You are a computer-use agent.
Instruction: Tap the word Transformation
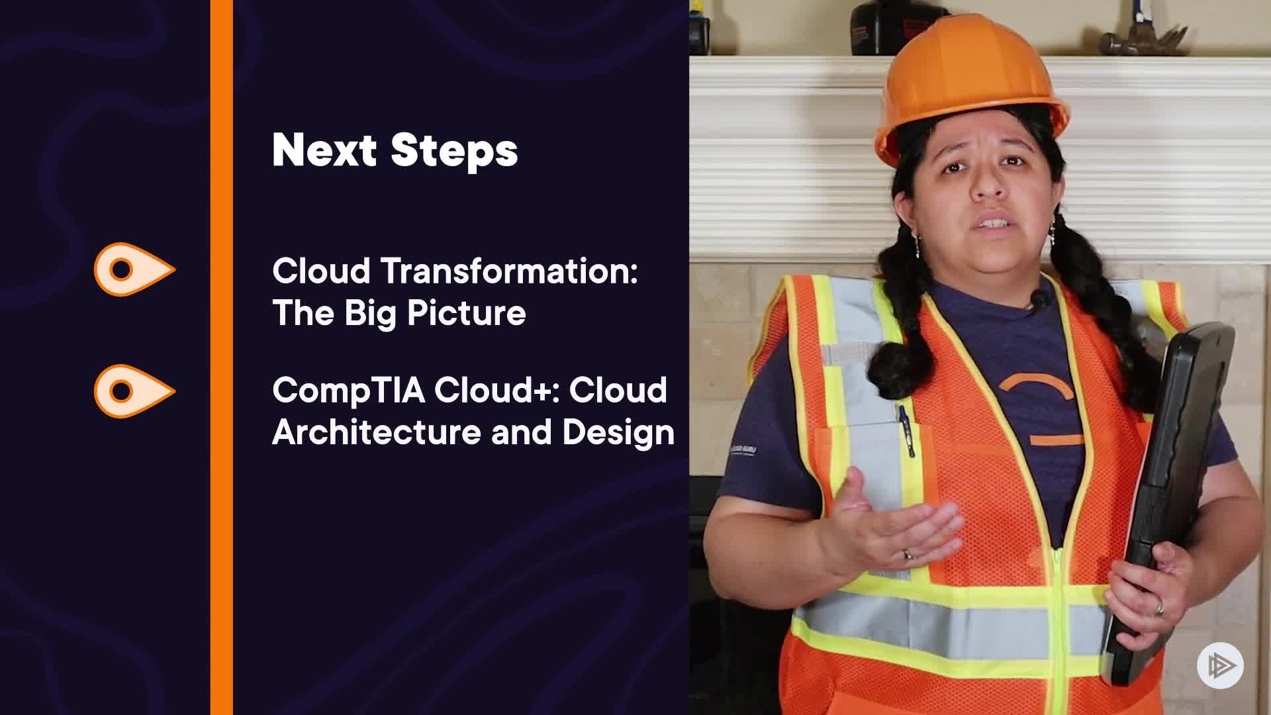509,271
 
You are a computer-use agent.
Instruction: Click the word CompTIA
348,391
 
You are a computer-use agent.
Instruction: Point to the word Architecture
377,432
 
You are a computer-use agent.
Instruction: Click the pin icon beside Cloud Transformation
134,269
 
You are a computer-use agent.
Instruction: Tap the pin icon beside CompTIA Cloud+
134,391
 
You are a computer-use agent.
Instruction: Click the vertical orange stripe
222,358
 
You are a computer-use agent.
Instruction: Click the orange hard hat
970,79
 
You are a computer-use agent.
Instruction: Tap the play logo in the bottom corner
1220,665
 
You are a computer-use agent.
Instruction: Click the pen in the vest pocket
905,430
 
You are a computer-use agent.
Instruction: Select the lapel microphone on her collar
1040,299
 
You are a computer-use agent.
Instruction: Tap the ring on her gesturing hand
908,555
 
